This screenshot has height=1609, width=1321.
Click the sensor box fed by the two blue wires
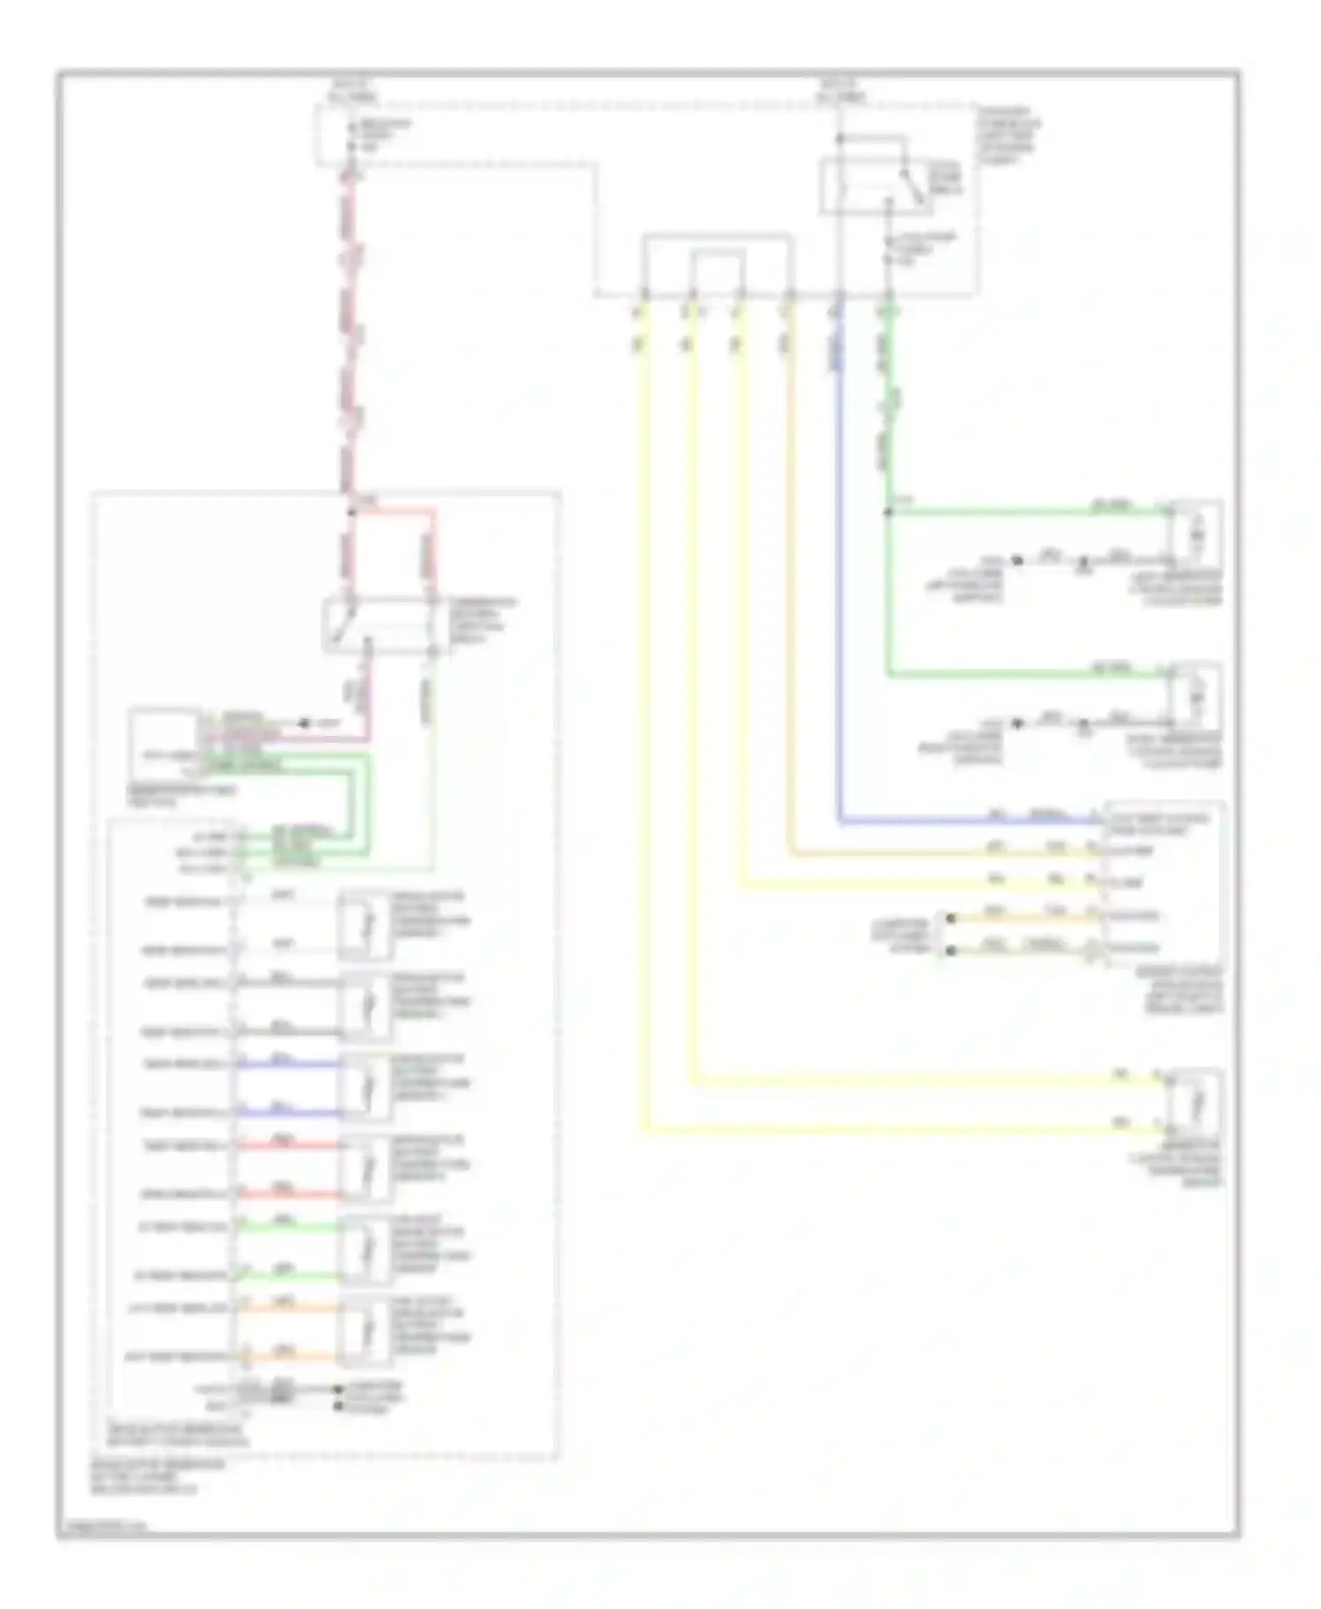click(x=365, y=1088)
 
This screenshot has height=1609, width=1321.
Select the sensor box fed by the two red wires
click(x=365, y=1170)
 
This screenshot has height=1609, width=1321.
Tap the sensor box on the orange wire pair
click(x=365, y=1332)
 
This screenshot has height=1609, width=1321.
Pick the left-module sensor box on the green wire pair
click(x=365, y=1251)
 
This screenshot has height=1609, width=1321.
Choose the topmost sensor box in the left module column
click(x=365, y=925)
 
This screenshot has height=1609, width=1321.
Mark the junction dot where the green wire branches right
click(x=888, y=511)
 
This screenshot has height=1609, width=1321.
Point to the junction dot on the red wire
click(x=351, y=511)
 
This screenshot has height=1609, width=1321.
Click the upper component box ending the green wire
click(x=1195, y=533)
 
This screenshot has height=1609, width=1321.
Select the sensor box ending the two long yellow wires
click(x=1195, y=1103)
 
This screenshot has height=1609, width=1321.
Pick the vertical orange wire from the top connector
click(x=790, y=572)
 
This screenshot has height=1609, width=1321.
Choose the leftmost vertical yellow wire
click(x=644, y=704)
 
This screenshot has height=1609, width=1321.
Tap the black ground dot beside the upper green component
click(x=1017, y=560)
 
